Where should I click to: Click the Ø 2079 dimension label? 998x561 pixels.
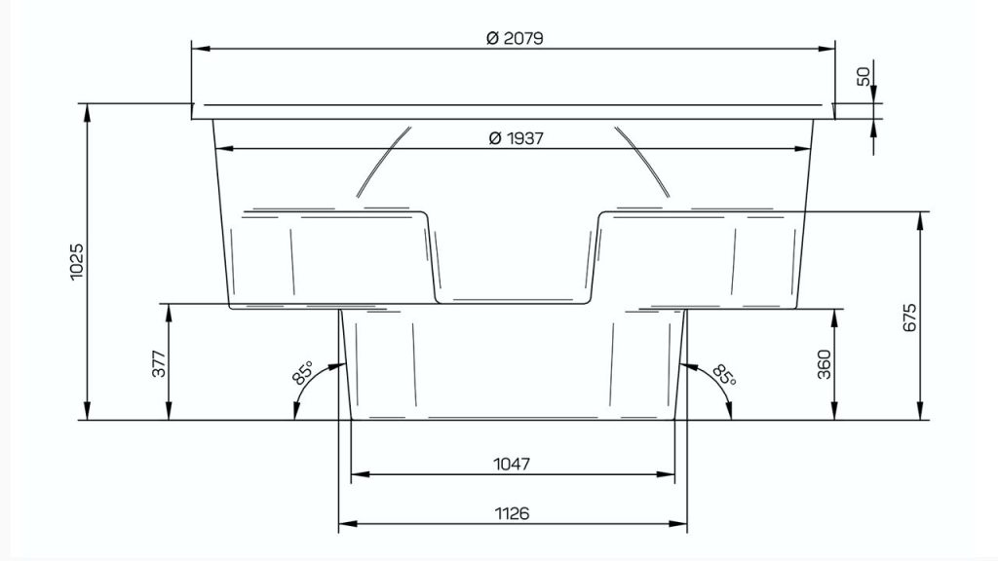click(515, 38)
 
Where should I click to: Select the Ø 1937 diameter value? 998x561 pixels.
click(517, 138)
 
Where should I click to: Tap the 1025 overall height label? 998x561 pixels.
click(76, 261)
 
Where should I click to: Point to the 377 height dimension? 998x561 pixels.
click(159, 364)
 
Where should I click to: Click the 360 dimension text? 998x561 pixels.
click(825, 364)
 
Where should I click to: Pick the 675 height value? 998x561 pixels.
click(910, 318)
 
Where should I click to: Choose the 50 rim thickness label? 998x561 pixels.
click(864, 77)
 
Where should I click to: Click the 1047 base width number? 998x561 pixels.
click(512, 465)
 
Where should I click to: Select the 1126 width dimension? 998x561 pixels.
click(513, 513)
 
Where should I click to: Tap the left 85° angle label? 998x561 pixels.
click(303, 373)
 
